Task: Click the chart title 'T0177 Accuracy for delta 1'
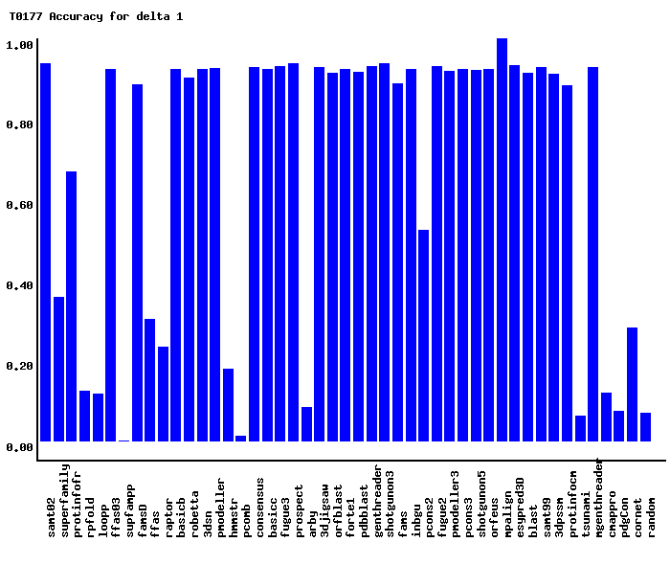pyautogui.click(x=96, y=16)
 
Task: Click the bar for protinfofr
pyautogui.click(x=71, y=306)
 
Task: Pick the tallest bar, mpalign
pyautogui.click(x=502, y=239)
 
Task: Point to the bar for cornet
pyautogui.click(x=632, y=384)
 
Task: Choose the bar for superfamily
pyautogui.click(x=58, y=369)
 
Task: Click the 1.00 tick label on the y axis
pyautogui.click(x=20, y=45)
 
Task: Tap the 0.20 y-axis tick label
pyautogui.click(x=20, y=367)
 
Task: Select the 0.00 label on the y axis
pyautogui.click(x=20, y=447)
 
